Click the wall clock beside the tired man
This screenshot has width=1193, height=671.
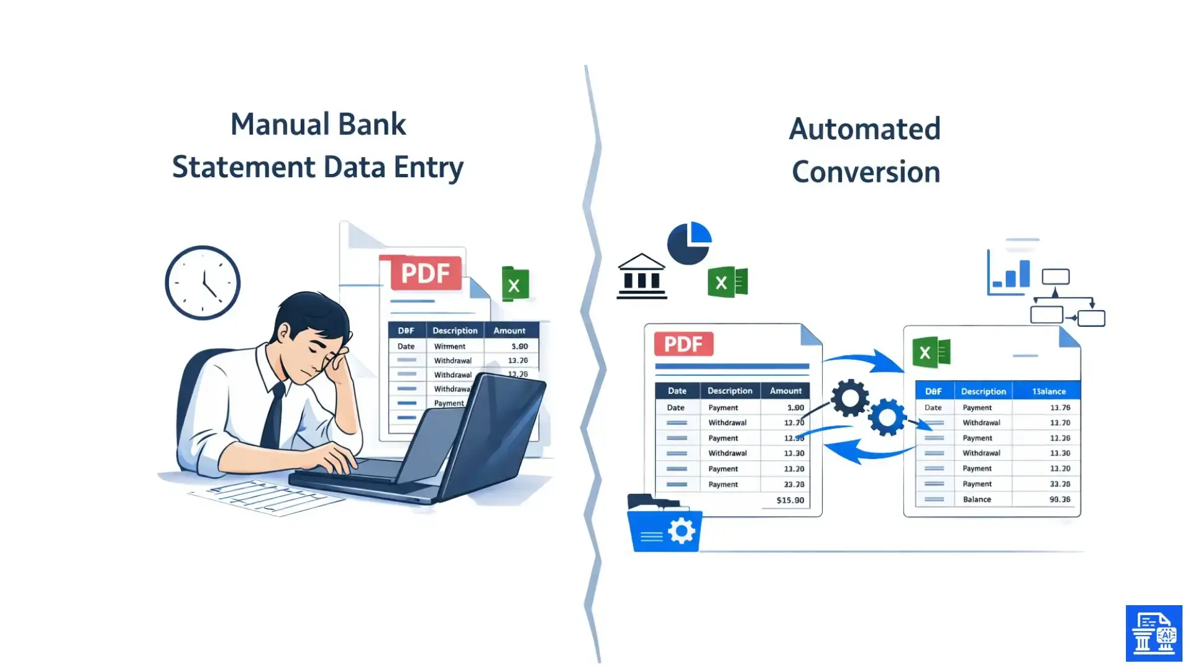203,283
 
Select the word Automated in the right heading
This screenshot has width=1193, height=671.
864,129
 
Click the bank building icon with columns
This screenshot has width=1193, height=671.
642,276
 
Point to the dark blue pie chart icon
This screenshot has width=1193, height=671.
688,243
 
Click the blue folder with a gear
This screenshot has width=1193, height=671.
664,527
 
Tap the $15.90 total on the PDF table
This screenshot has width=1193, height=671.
790,500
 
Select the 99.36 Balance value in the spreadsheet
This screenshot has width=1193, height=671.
1059,500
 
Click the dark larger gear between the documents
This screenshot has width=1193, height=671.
849,398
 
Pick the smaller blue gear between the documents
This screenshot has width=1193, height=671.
887,418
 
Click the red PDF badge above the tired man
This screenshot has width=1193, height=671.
426,273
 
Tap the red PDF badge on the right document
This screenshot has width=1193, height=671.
683,344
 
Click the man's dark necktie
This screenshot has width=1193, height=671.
274,416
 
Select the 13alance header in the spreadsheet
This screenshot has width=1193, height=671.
1048,391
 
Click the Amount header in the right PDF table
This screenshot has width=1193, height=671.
785,391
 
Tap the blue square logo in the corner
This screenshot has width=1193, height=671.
1153,633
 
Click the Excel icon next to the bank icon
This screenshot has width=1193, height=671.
727,283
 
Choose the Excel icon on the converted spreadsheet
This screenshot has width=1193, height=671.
931,353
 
